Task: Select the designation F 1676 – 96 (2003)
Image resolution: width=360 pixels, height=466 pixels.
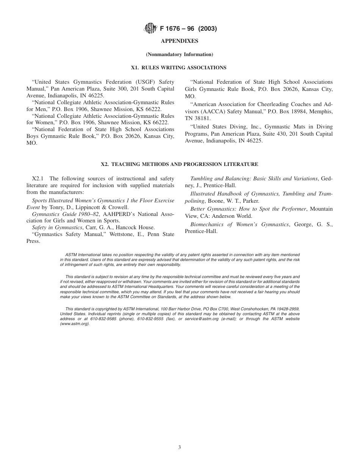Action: pyautogui.click(x=188, y=28)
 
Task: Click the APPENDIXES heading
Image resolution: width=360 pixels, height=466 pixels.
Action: pyautogui.click(x=180, y=41)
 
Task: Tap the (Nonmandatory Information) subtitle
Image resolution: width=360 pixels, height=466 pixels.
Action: pyautogui.click(x=180, y=55)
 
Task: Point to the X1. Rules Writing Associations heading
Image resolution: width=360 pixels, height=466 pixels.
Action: pyautogui.click(x=179, y=68)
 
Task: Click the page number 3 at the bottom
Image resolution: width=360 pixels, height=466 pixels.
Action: pyautogui.click(x=180, y=447)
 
